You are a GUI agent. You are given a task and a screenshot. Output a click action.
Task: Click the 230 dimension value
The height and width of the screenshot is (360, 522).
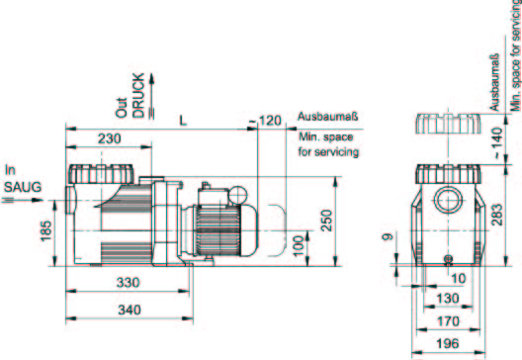[109, 138]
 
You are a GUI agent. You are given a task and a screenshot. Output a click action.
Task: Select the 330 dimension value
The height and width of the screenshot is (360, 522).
[128, 283]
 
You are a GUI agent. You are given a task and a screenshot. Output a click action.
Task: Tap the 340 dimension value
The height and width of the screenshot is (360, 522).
[130, 310]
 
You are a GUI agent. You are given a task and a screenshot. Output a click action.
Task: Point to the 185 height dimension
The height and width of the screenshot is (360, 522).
[46, 230]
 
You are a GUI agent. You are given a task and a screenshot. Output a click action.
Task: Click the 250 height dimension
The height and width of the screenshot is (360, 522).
[327, 221]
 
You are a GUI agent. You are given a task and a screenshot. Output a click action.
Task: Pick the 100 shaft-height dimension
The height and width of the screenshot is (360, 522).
[300, 246]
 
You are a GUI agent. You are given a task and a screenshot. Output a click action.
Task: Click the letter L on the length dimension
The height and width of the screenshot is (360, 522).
[183, 121]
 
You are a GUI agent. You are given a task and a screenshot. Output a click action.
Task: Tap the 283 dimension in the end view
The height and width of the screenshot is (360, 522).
[496, 215]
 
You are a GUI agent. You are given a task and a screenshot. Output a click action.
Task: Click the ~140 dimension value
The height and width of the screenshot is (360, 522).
[496, 142]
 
